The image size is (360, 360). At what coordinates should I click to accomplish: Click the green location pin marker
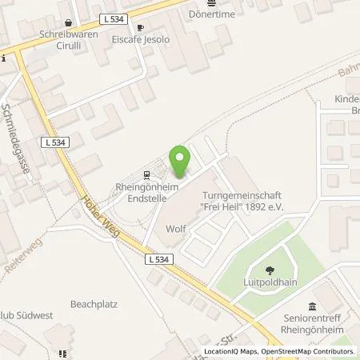coord(180,160)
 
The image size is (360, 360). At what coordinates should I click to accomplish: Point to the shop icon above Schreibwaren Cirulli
coord(69,23)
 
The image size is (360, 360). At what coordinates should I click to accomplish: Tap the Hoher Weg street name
coord(94,216)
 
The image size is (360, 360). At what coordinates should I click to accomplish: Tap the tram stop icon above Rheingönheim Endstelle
coord(146,174)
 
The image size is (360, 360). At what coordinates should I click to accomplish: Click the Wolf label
coord(175,229)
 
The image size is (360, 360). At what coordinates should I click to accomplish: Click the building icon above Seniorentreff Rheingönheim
coord(311,307)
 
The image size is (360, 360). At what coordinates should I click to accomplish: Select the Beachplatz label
coord(94,304)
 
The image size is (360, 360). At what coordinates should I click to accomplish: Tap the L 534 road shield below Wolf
coord(158,259)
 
